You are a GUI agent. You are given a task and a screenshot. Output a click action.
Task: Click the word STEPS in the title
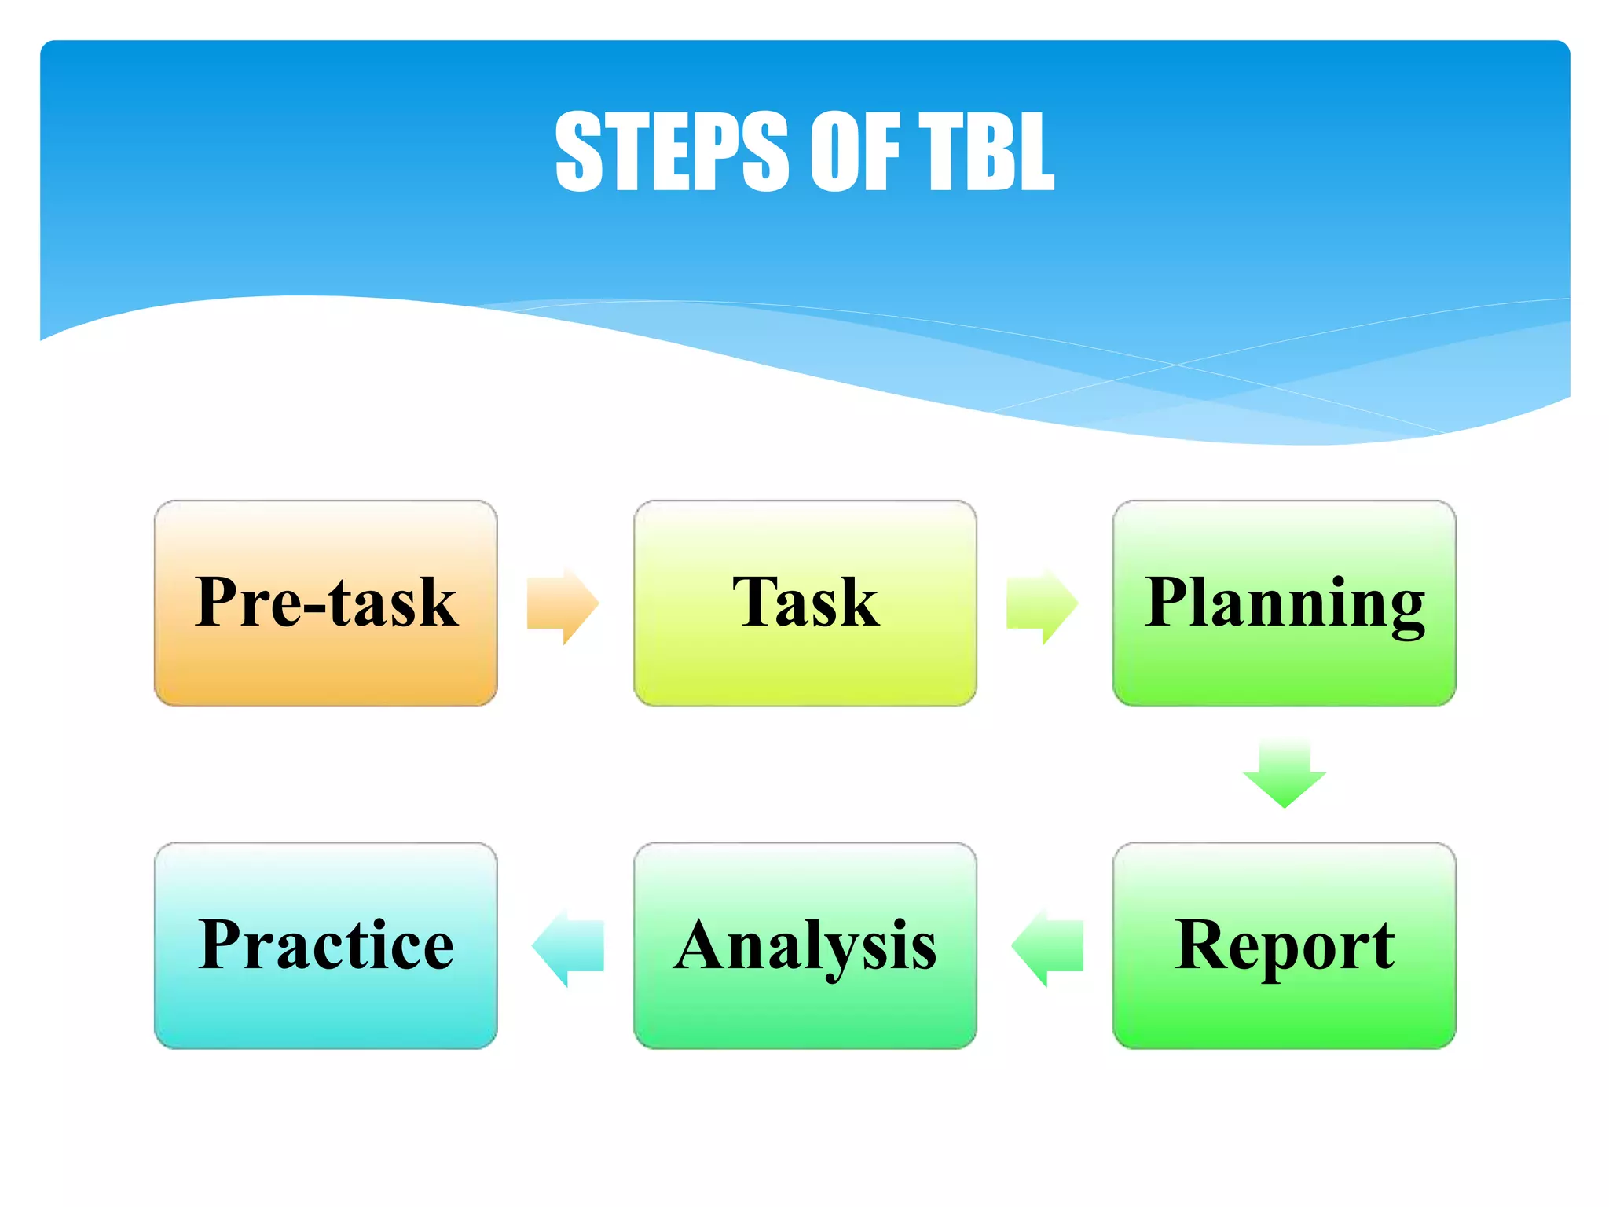click(671, 151)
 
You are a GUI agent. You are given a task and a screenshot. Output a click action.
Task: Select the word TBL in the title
click(986, 151)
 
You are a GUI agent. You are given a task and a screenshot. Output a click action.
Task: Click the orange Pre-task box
click(325, 660)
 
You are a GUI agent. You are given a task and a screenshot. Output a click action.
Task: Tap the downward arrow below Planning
click(1284, 774)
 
